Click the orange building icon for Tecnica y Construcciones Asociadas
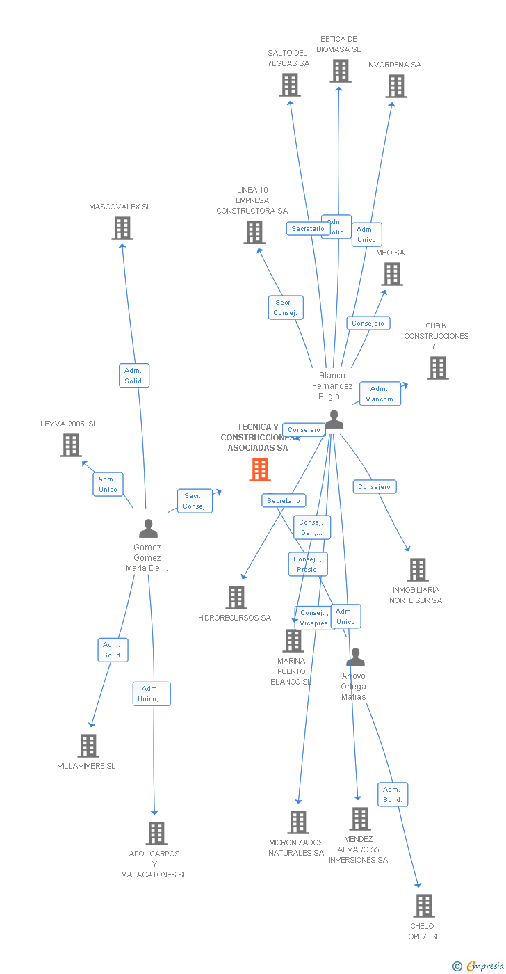coord(260,470)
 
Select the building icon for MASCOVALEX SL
coord(122,228)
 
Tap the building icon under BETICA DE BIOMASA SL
coord(341,71)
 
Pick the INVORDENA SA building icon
coord(396,86)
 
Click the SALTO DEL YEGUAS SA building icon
coord(290,85)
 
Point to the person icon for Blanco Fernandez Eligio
coord(334,420)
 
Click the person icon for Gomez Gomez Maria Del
coord(148,529)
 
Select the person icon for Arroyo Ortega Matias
coord(355,657)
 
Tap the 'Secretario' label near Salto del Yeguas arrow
coord(308,228)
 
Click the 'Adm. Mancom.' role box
coord(379,394)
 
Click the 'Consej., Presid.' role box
coord(307,564)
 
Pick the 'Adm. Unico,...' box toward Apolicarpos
coord(152,694)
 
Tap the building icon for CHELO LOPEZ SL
coord(424,906)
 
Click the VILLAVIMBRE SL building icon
coord(88,746)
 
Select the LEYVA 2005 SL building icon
coord(71,445)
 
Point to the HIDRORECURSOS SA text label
coord(234,618)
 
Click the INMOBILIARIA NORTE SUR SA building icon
coord(417,570)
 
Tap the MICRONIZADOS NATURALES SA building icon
coord(298,822)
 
